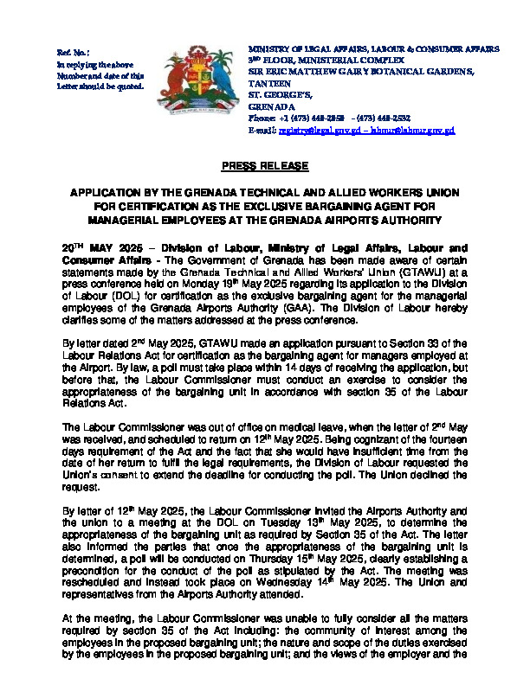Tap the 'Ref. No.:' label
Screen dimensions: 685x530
pos(72,54)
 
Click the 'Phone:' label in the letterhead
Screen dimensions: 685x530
pos(262,118)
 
